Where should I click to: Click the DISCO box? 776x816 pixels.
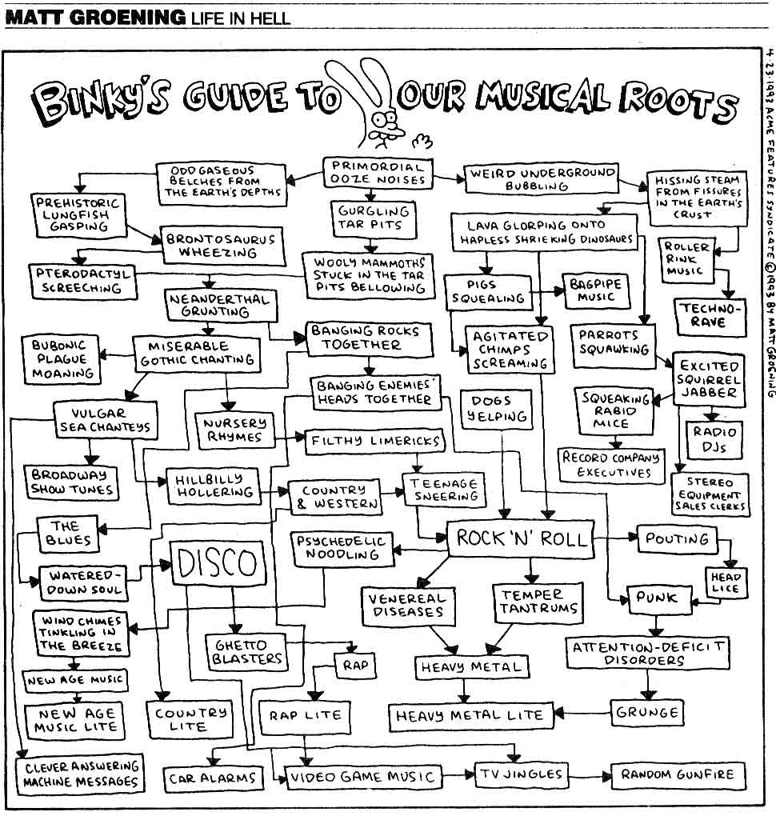click(x=218, y=562)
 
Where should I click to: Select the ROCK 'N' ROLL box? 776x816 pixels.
click(x=521, y=538)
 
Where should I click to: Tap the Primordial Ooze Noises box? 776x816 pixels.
click(x=378, y=173)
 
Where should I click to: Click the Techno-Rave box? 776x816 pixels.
click(x=709, y=316)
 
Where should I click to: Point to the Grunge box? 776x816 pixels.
click(x=647, y=712)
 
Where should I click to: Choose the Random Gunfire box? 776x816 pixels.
click(x=678, y=775)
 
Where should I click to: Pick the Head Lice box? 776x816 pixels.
click(x=726, y=582)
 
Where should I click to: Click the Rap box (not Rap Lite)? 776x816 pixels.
click(x=355, y=665)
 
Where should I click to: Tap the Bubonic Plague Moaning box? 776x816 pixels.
click(x=62, y=359)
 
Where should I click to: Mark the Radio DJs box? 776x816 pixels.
click(x=714, y=440)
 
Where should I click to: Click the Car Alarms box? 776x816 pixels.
click(x=213, y=778)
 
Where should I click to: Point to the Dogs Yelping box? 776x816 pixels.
click(x=497, y=409)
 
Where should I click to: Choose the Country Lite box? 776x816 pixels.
click(x=190, y=719)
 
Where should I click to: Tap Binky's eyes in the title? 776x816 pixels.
click(x=386, y=122)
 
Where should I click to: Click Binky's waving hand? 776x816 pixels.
click(x=422, y=141)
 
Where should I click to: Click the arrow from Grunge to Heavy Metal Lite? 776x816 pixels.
click(x=582, y=713)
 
